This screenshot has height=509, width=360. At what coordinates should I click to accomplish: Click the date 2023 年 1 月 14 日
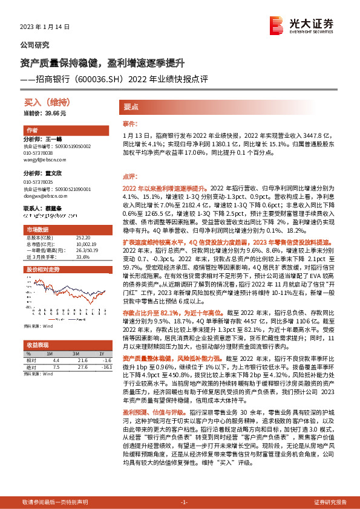(x=45, y=27)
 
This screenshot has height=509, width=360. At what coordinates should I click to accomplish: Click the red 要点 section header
(x=131, y=106)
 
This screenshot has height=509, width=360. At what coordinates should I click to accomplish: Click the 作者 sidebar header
(x=33, y=131)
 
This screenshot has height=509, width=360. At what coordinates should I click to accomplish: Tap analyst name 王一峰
(x=54, y=138)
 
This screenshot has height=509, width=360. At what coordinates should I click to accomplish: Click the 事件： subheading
(x=130, y=123)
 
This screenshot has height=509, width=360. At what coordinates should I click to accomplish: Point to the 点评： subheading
(x=130, y=177)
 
